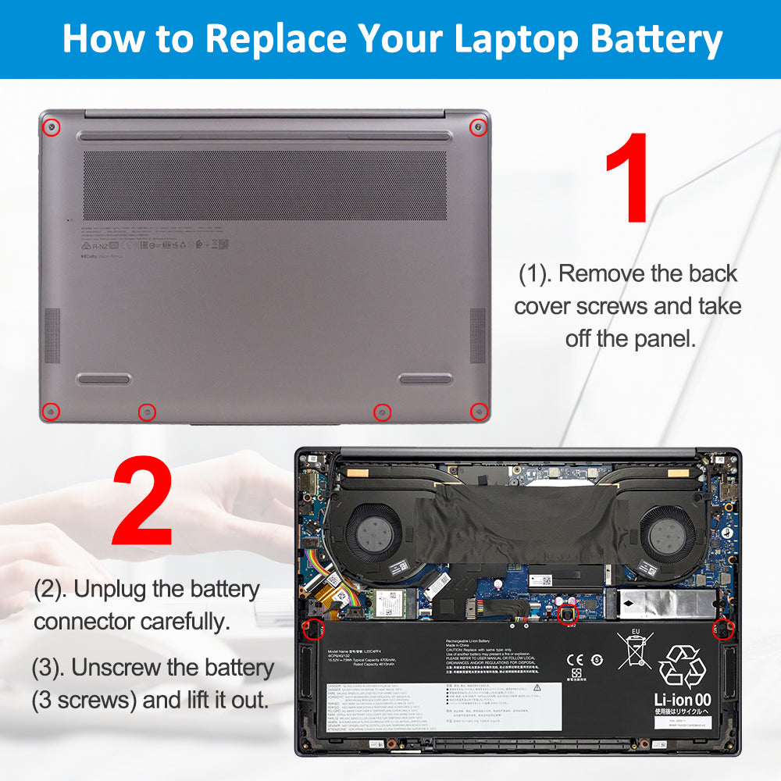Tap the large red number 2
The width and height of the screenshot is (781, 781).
tap(143, 502)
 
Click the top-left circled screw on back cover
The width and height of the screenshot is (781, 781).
tap(51, 127)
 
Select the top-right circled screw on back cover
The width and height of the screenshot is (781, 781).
tap(478, 127)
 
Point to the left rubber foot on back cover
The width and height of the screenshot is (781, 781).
tap(103, 379)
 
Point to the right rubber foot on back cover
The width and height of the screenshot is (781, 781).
tap(426, 379)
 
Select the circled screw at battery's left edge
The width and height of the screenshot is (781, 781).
tap(315, 627)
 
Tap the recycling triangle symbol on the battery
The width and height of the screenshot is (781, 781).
tap(683, 665)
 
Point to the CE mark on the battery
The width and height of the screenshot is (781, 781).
tap(572, 658)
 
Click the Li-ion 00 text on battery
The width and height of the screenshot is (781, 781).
tap(682, 701)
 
